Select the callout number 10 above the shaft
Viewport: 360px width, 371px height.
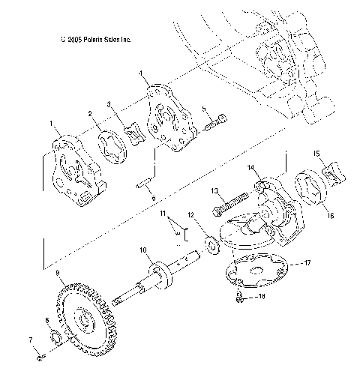pyautogui.click(x=142, y=249)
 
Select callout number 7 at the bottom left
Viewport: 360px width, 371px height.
pyautogui.click(x=31, y=340)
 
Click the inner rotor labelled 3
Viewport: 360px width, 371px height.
pyautogui.click(x=136, y=132)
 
